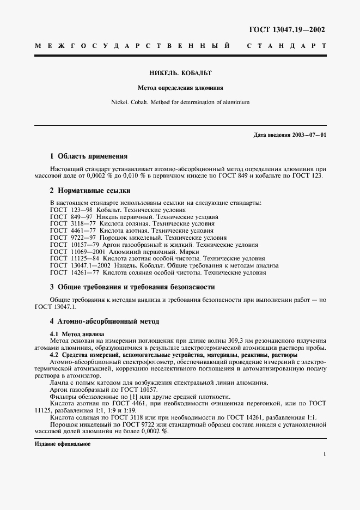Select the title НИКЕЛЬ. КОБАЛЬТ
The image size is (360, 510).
coord(180,72)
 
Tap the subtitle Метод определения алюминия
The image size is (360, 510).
coord(180,87)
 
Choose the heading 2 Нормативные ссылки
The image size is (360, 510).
coord(90,191)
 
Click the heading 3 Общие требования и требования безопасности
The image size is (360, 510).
coord(132,287)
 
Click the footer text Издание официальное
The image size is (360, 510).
coord(63,444)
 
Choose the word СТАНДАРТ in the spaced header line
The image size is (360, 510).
coord(286,47)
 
